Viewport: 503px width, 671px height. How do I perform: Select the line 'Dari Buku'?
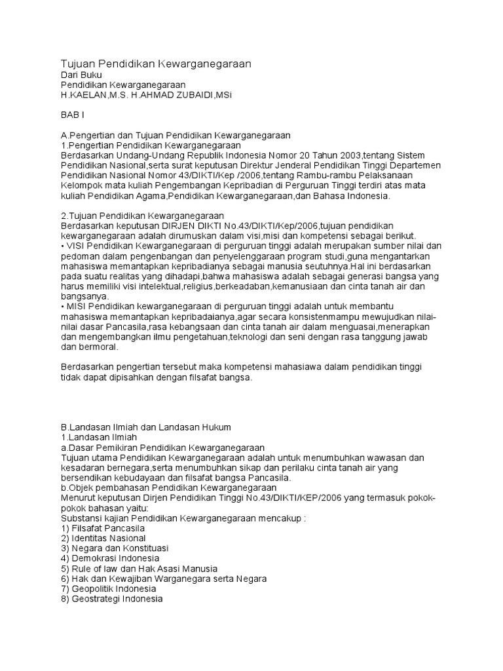click(x=81, y=75)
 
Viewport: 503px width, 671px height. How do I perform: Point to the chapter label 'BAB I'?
click(x=73, y=115)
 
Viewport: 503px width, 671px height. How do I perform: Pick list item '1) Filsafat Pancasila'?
click(x=103, y=528)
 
